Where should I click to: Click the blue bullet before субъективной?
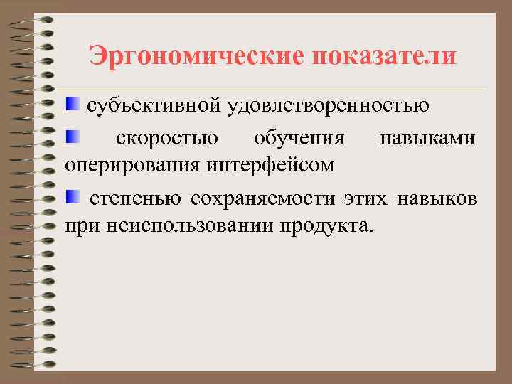[73, 105]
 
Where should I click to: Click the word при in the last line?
[81, 228]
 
